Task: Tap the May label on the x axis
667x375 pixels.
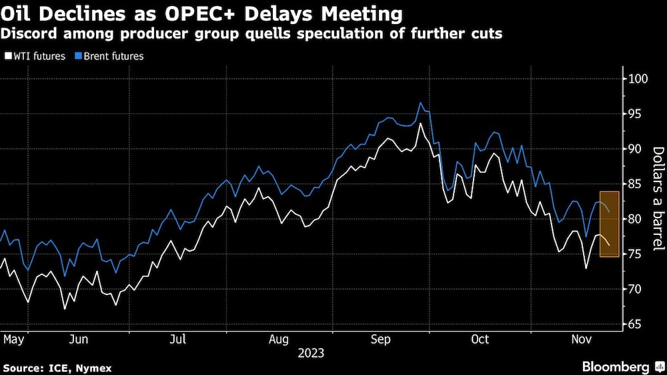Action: point(13,340)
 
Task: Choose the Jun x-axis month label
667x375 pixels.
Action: point(79,340)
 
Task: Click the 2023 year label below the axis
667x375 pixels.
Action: point(311,352)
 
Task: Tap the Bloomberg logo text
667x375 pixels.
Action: point(616,367)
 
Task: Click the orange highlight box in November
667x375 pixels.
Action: point(610,224)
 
